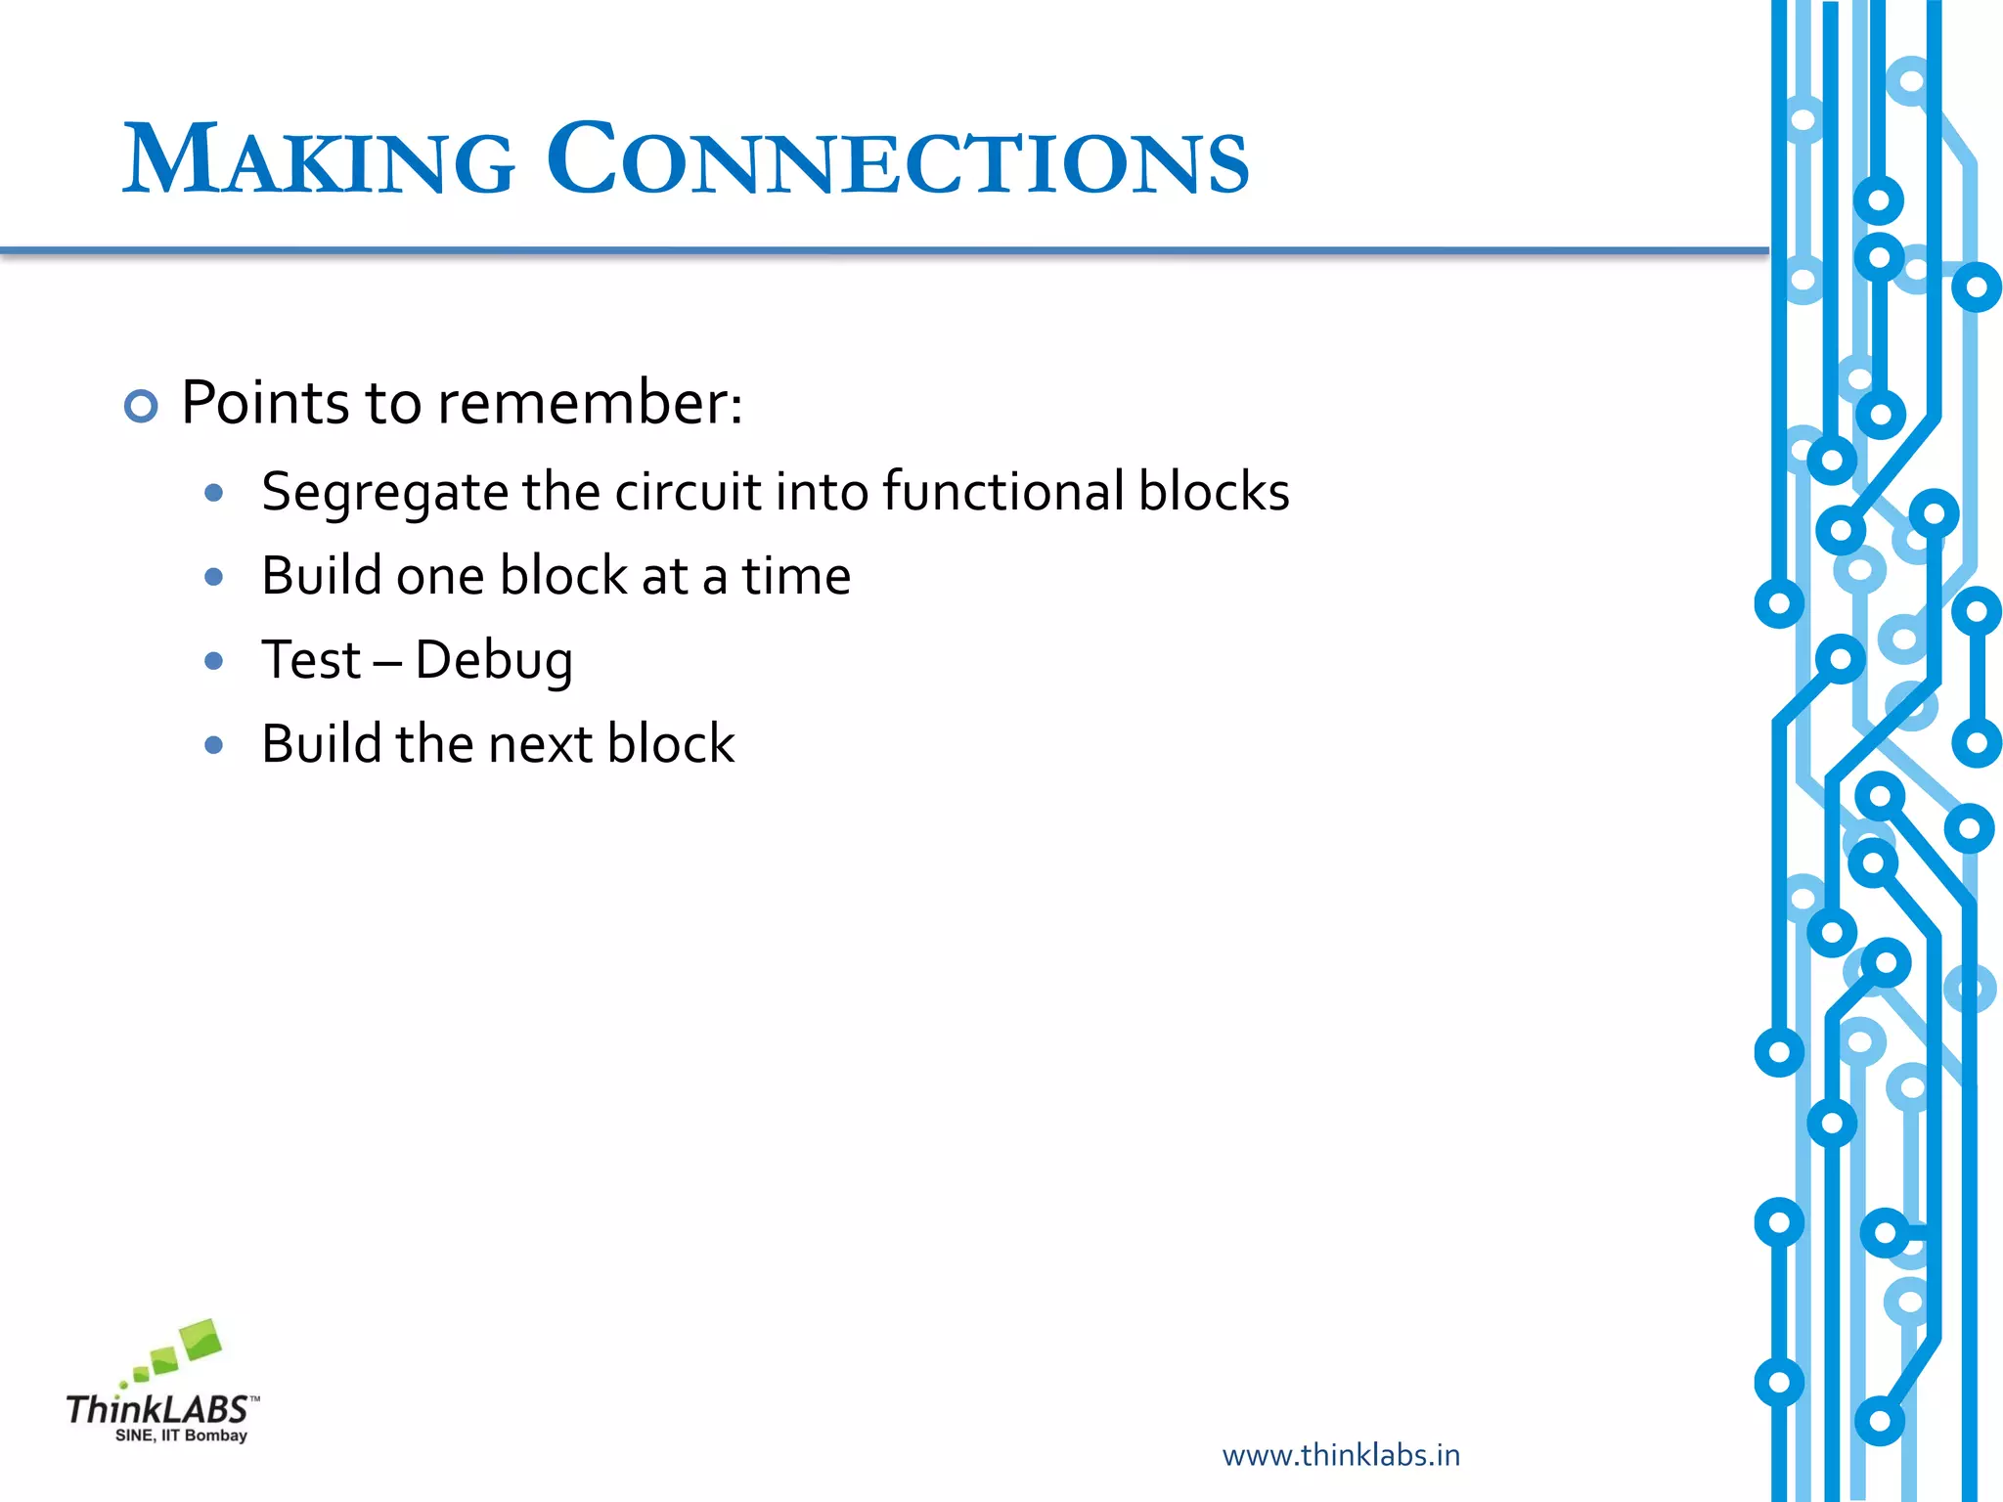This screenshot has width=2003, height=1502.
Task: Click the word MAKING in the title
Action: (x=318, y=161)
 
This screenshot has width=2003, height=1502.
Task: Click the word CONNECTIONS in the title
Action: (x=896, y=161)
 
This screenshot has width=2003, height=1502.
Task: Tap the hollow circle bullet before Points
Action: (x=141, y=406)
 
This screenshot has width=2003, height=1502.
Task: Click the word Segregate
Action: (x=383, y=493)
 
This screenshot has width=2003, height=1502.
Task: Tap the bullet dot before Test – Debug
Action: (x=214, y=661)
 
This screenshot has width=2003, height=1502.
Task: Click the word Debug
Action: (x=494, y=661)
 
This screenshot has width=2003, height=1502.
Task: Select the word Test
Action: (x=311, y=660)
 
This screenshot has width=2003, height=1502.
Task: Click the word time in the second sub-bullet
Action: (x=795, y=576)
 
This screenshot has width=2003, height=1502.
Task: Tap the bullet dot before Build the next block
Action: (x=214, y=745)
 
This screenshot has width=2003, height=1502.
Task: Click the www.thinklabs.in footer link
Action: (x=1341, y=1455)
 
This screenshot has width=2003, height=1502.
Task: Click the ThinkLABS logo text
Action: (x=156, y=1410)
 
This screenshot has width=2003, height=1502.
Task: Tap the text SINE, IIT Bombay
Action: (x=181, y=1436)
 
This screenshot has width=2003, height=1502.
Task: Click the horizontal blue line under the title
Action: (x=880, y=251)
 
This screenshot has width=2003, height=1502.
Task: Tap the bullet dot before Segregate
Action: (x=214, y=493)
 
